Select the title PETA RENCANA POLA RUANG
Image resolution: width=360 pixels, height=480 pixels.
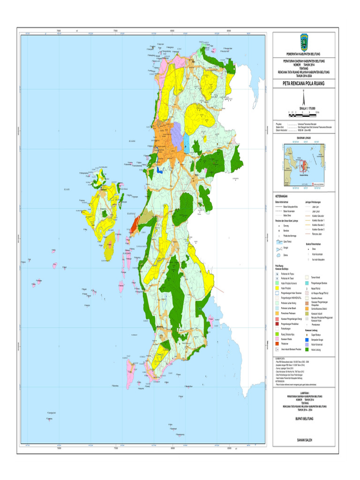(304, 84)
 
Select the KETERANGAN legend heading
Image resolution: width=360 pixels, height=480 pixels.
(282, 197)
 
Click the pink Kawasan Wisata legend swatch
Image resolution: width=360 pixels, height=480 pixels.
(278, 338)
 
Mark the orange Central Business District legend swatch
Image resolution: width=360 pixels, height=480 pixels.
(307, 308)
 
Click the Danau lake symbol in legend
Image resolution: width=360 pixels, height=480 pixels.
(278, 254)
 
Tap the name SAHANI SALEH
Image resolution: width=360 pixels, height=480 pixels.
(304, 440)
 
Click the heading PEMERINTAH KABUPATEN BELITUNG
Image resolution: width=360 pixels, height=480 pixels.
(304, 55)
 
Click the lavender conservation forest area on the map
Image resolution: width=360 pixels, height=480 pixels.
(177, 133)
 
